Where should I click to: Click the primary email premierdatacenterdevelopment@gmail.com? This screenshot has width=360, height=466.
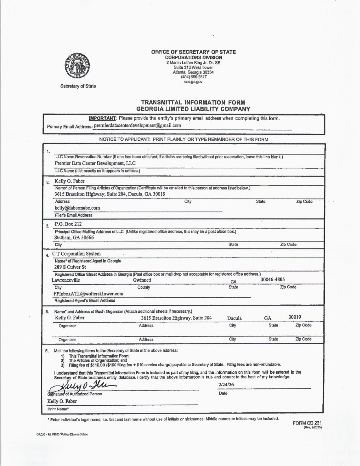(x=137, y=125)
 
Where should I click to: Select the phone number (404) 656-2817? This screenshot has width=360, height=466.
(x=193, y=77)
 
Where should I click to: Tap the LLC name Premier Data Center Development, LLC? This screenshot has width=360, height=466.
(x=95, y=163)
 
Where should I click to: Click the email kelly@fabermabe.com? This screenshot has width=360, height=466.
(x=77, y=208)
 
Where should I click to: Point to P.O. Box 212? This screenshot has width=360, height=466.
(x=68, y=224)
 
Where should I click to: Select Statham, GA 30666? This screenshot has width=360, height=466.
(x=74, y=238)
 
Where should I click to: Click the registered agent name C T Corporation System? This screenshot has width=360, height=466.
(x=76, y=254)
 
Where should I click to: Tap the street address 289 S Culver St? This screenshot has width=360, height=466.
(x=70, y=267)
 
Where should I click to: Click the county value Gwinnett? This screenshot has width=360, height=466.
(x=142, y=280)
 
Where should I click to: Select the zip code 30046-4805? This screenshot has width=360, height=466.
(x=272, y=279)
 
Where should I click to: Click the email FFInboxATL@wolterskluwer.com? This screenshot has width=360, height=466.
(x=88, y=294)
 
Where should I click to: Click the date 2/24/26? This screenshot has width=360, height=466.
(x=226, y=385)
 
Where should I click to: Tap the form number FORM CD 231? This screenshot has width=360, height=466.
(x=307, y=423)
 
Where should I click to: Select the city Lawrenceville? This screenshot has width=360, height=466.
(x=66, y=280)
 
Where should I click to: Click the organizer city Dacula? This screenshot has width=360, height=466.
(x=234, y=318)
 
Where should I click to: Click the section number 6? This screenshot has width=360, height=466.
(x=47, y=351)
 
